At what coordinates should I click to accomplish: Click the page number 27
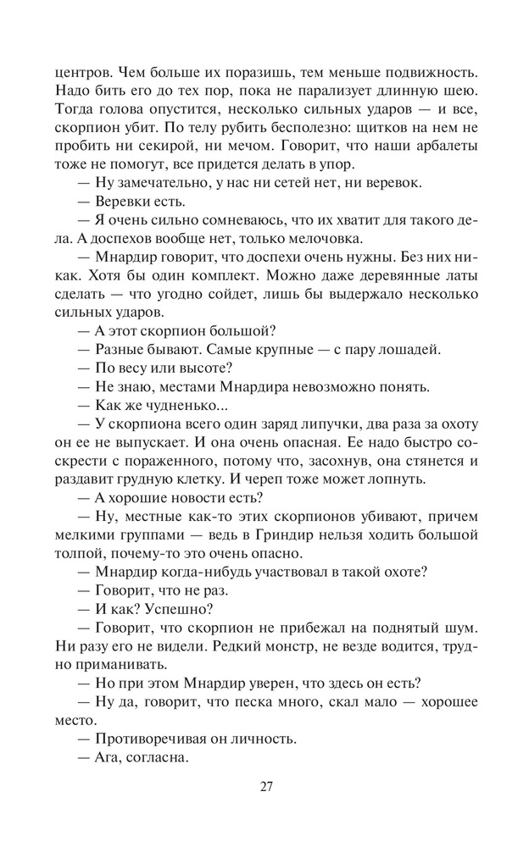[x=265, y=786]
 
